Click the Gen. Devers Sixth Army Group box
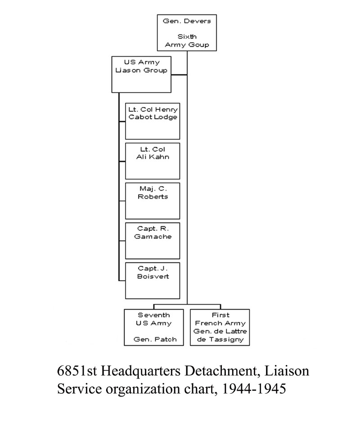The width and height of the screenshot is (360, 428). [x=187, y=33]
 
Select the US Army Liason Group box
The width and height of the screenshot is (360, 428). [x=142, y=74]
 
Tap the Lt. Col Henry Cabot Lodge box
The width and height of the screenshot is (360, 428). [x=153, y=122]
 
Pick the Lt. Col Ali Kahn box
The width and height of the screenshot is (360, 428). [x=153, y=161]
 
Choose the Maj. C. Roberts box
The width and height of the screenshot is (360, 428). [x=153, y=201]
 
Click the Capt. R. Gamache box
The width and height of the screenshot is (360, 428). [x=153, y=240]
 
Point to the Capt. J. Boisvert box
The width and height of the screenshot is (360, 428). [x=153, y=280]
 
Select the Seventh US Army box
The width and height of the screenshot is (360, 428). [x=154, y=327]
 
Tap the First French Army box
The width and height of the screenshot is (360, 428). [x=220, y=327]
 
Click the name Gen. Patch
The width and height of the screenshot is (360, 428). [x=154, y=339]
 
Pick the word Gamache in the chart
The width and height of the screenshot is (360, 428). [x=153, y=236]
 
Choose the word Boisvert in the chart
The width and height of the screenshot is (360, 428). [x=153, y=276]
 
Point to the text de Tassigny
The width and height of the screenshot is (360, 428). [x=220, y=340]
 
